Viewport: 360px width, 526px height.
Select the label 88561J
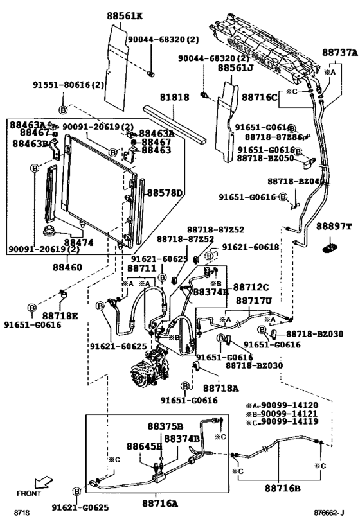point(235,67)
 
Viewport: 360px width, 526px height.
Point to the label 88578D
point(165,193)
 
